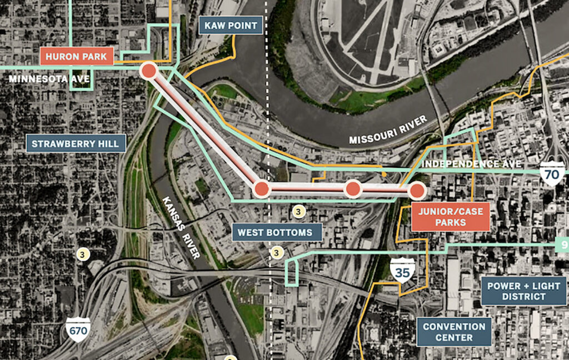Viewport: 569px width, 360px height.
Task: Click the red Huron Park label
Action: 77,56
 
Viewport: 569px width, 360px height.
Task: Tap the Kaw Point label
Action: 231,26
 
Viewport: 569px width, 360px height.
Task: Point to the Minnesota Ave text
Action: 49,79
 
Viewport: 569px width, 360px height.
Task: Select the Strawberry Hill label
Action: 75,144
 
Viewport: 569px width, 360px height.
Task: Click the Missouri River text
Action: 388,130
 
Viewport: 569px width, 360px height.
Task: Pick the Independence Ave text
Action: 471,164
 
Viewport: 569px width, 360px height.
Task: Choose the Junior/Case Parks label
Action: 450,216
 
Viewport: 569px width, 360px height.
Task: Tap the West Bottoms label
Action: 275,232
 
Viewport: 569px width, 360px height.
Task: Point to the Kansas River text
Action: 181,227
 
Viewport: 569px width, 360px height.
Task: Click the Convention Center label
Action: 454,332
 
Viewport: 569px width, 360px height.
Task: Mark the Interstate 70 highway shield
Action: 552,174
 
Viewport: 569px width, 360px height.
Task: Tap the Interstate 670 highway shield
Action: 78,330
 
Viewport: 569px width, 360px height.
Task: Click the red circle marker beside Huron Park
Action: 149,71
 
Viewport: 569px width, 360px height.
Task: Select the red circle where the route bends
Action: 262,189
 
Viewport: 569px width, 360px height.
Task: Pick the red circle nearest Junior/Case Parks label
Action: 417,191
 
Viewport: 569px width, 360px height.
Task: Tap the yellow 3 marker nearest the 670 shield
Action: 83,255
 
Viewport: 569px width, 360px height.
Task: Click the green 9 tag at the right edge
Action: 563,244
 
